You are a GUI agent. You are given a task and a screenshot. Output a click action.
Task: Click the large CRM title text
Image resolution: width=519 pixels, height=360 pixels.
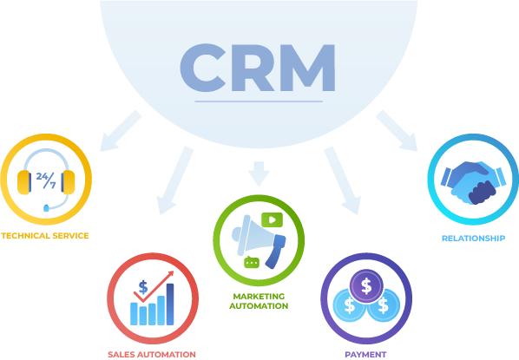(x=258, y=68)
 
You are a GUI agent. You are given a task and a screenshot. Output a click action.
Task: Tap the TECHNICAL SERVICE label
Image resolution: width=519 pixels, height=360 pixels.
(x=45, y=236)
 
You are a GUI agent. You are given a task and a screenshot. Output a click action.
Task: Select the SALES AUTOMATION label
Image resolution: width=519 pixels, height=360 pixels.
(x=152, y=355)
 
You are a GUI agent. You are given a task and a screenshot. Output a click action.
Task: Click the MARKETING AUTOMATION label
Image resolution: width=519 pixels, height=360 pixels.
(x=259, y=301)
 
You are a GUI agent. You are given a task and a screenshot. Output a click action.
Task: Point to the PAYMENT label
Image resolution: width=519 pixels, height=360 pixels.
(x=365, y=355)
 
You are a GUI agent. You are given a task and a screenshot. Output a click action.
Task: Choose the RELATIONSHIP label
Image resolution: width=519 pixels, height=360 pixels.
(x=474, y=239)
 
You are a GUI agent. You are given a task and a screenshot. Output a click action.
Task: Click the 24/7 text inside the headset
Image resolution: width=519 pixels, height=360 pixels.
(x=46, y=180)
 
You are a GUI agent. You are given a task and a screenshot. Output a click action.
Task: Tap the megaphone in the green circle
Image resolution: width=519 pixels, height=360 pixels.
(x=259, y=241)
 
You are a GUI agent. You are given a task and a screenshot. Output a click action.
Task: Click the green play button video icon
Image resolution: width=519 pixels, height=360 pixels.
(x=272, y=219)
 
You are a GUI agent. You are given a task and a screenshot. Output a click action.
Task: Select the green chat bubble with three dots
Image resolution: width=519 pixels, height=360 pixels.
(x=252, y=262)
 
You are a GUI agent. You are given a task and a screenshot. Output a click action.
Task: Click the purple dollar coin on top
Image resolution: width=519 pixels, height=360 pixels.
(x=366, y=286)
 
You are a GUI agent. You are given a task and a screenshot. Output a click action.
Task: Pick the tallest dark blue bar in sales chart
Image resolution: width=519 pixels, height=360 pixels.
(x=170, y=304)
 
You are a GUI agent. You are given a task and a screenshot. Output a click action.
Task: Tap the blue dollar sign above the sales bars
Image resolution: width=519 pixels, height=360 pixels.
(x=143, y=287)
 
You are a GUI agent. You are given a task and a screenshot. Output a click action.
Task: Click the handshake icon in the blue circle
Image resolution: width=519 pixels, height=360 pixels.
(x=473, y=182)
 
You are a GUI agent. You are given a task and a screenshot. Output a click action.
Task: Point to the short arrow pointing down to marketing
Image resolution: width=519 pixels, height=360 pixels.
(x=259, y=174)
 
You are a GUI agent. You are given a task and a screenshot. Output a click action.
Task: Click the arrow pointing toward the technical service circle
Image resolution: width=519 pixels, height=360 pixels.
(x=121, y=131)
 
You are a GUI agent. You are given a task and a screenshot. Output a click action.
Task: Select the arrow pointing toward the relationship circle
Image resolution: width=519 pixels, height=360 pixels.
(x=397, y=131)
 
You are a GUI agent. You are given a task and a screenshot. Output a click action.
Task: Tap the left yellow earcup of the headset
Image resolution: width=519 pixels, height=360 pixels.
(x=23, y=182)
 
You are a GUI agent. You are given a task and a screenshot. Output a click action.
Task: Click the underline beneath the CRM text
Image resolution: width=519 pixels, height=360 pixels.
(x=259, y=101)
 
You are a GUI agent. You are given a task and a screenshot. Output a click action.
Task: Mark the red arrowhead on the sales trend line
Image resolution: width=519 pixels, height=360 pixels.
(x=170, y=274)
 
